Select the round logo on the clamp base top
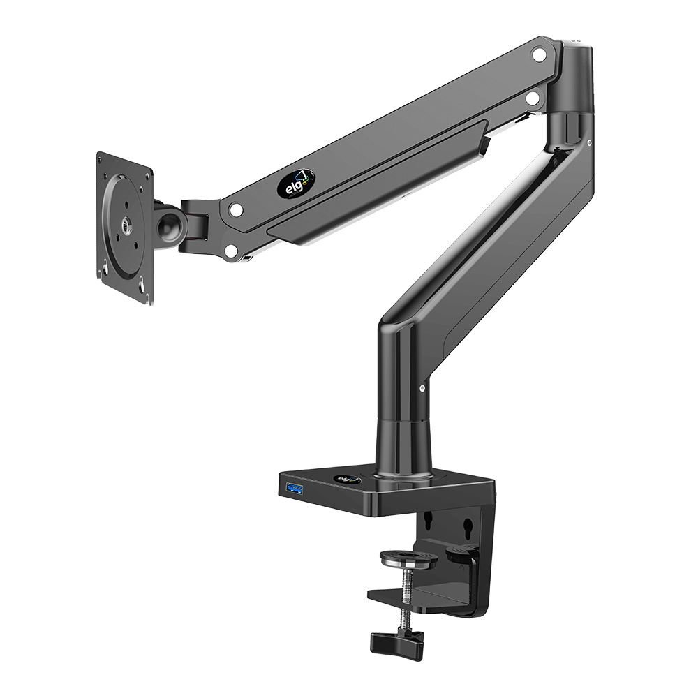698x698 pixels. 346,480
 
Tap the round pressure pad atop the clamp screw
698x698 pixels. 405,558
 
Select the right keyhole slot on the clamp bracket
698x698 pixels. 471,524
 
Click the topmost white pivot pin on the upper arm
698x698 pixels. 538,54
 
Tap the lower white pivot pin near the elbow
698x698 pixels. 533,99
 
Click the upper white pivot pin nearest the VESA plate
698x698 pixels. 236,208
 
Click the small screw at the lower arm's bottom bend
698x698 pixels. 424,389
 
